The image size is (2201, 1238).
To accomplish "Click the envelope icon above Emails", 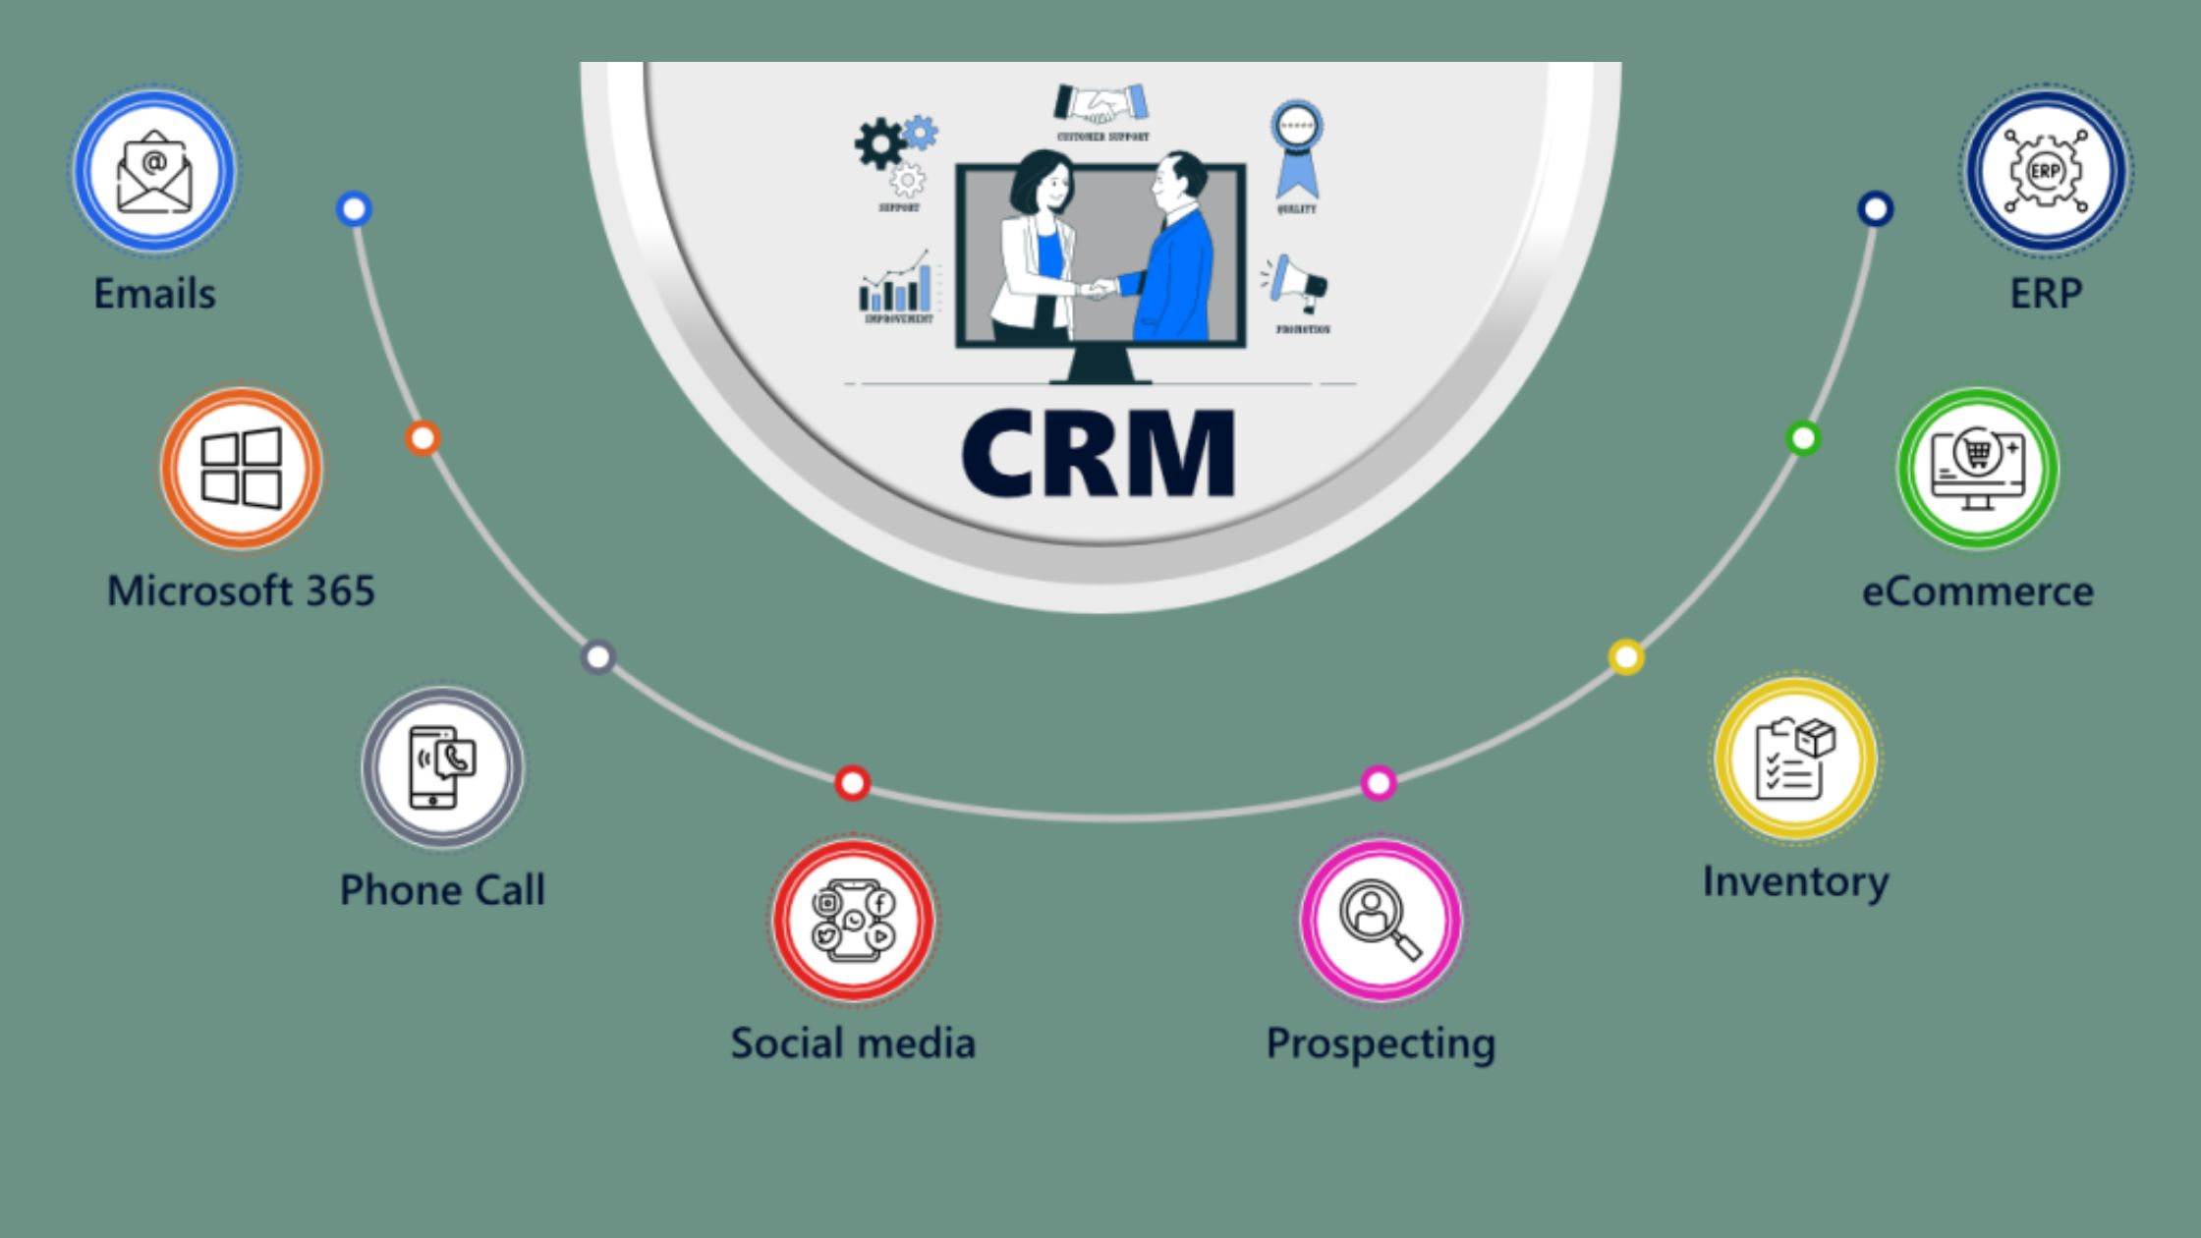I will pyautogui.click(x=154, y=171).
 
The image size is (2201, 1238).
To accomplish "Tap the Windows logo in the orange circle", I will pyautogui.click(x=241, y=468).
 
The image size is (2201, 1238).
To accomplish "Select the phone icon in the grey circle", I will pyautogui.click(x=442, y=767).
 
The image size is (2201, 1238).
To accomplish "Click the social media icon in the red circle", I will pyautogui.click(x=853, y=921).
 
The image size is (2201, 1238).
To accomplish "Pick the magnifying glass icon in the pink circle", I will pyautogui.click(x=1381, y=920).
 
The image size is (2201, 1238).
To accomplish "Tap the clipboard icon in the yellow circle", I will pyautogui.click(x=1795, y=759).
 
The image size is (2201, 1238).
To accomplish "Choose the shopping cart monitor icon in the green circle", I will pyautogui.click(x=1978, y=468).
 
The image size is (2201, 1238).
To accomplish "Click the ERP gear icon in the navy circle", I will pyautogui.click(x=2046, y=171).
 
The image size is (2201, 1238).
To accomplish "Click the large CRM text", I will pyautogui.click(x=1098, y=454).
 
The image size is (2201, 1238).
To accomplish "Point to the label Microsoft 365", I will pyautogui.click(x=241, y=591).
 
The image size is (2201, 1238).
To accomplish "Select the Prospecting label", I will pyautogui.click(x=1381, y=1043).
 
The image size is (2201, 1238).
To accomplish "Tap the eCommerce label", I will pyautogui.click(x=1978, y=591).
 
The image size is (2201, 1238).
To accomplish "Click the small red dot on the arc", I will pyautogui.click(x=852, y=783).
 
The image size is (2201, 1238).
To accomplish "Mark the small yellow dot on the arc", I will pyautogui.click(x=1626, y=656).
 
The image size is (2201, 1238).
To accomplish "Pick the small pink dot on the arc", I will pyautogui.click(x=1379, y=783).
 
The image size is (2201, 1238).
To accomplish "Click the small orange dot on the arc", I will pyautogui.click(x=423, y=438).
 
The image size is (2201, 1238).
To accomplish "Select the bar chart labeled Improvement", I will pyautogui.click(x=896, y=287).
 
